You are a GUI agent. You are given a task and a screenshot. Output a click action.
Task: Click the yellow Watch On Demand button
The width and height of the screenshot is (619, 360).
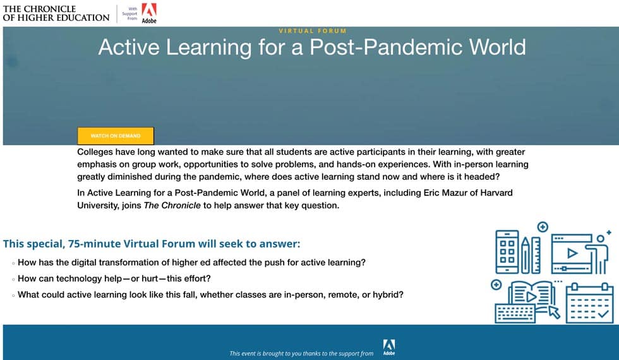116,136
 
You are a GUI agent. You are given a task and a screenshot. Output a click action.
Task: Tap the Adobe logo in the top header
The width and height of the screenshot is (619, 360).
149,13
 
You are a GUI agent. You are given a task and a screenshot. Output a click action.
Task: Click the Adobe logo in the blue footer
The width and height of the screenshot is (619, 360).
389,347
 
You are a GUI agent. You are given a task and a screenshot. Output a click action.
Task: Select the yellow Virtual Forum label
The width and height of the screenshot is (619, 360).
313,31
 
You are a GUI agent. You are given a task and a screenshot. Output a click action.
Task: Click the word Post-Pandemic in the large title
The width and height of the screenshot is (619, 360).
387,47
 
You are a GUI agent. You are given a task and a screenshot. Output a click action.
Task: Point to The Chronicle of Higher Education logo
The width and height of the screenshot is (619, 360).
56,13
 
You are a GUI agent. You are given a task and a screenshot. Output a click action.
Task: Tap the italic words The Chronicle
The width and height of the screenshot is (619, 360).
172,205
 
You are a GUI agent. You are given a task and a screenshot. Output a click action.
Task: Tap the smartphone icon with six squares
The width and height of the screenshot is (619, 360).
507,252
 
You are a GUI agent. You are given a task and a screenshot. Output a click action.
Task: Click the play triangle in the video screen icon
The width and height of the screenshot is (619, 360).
572,253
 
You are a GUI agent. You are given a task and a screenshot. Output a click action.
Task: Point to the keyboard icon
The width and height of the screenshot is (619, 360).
515,314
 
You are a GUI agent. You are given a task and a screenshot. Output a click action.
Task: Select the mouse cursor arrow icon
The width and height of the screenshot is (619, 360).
555,312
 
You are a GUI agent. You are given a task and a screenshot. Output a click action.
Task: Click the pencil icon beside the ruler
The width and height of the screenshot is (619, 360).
525,255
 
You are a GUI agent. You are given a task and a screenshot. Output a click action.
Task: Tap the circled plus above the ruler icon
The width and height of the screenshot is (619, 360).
543,227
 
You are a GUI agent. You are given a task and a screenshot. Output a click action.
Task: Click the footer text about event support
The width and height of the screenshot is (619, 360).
301,354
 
